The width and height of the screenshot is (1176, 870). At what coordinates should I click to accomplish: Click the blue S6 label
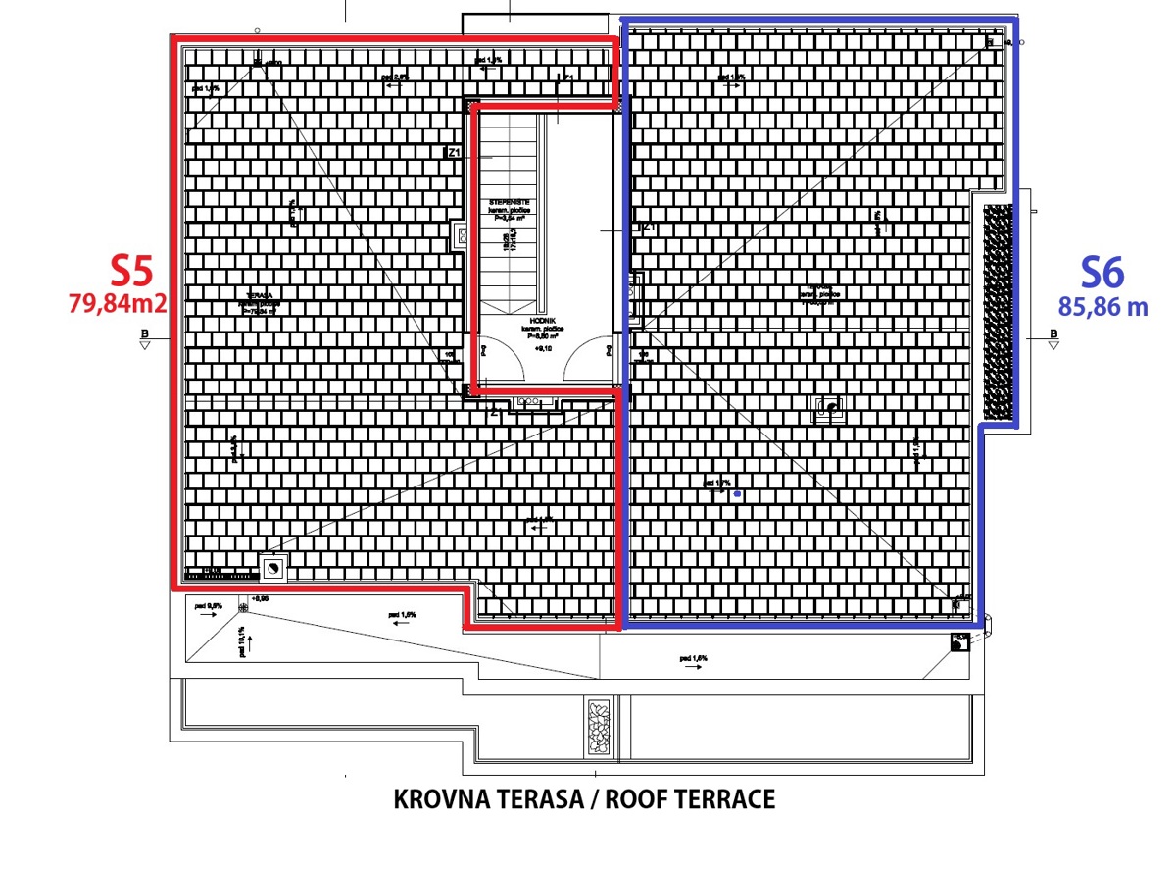click(x=1102, y=272)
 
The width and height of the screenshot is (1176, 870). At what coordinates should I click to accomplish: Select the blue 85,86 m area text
click(x=1102, y=306)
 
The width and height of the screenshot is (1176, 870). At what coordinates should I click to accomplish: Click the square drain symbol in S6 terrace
click(x=832, y=409)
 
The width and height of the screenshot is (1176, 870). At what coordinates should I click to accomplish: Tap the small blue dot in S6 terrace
click(x=737, y=494)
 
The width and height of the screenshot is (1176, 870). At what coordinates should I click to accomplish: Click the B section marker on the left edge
click(x=145, y=338)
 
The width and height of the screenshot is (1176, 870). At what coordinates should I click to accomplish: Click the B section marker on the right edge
click(x=1053, y=338)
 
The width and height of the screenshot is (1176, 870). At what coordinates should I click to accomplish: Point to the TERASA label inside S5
click(x=261, y=294)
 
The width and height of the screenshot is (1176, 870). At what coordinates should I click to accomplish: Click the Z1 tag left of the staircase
click(x=453, y=153)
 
